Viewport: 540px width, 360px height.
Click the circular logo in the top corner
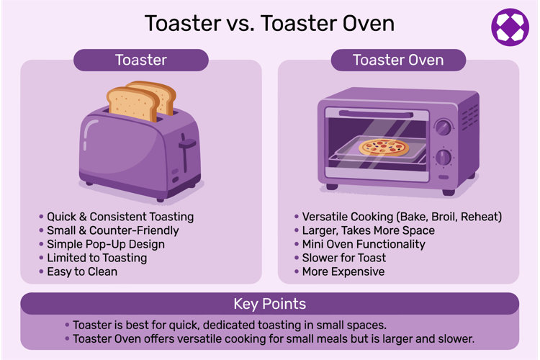(510, 27)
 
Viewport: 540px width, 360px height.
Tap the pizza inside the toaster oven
(384, 147)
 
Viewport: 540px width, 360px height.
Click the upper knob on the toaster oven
(444, 127)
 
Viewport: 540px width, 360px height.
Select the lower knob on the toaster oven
(444, 158)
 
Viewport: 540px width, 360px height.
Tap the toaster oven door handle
(376, 114)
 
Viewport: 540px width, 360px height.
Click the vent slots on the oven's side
(469, 117)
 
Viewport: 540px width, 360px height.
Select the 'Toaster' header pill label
(141, 60)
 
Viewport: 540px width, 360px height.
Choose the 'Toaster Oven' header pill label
(398, 60)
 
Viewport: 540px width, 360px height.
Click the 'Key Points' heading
(270, 304)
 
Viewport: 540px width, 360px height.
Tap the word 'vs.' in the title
(240, 24)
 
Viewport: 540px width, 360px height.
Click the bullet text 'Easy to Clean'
(82, 272)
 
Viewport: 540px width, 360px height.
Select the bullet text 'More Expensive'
(343, 272)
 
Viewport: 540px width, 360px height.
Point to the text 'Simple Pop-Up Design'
(106, 244)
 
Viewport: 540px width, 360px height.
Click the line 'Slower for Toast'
(344, 258)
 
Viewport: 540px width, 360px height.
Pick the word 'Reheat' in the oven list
(481, 217)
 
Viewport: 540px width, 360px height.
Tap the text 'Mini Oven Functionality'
(364, 244)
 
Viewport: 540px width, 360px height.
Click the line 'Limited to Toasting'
(96, 258)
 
